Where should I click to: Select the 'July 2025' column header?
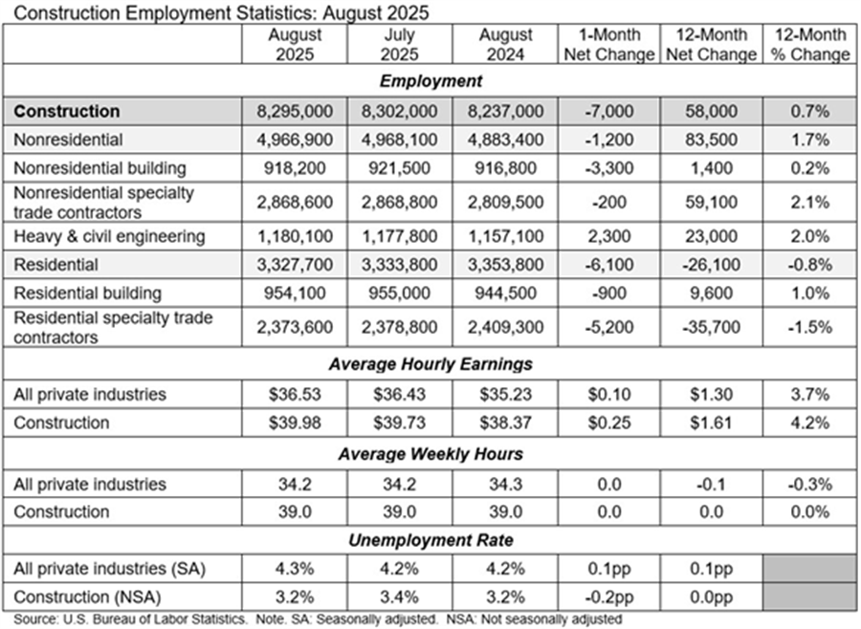coord(400,44)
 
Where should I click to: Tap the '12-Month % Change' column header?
coord(810,44)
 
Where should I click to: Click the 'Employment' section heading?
coord(430,80)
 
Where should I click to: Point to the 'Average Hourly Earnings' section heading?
coord(430,363)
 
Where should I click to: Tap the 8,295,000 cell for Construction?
coord(295,112)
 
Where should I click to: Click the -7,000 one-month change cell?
coord(608,112)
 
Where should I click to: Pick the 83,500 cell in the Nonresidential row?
coord(711,140)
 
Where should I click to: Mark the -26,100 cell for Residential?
coord(711,264)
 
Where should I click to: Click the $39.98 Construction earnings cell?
coord(295,422)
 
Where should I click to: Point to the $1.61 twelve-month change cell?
coord(711,422)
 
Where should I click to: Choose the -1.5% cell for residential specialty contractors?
coord(810,328)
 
